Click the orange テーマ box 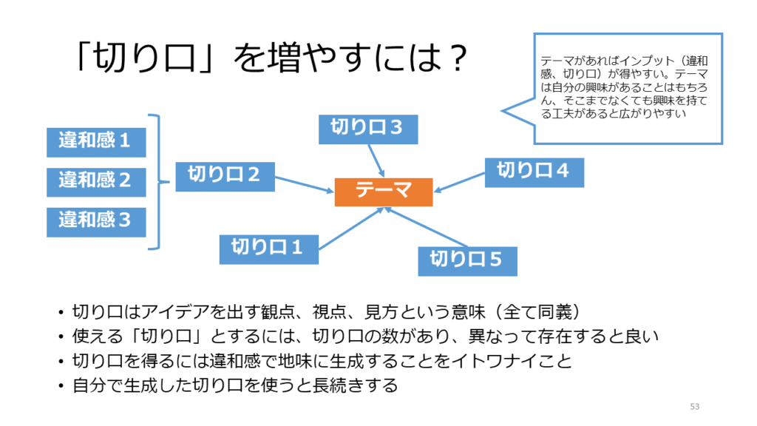click(383, 192)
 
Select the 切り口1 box click(268, 248)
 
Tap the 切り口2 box click(225, 177)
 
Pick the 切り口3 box click(367, 129)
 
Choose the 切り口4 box click(534, 172)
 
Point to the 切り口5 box click(466, 260)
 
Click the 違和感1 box click(96, 141)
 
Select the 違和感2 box click(96, 181)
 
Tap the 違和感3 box click(96, 221)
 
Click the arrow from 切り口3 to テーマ click(375, 160)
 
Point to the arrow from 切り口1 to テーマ click(351, 226)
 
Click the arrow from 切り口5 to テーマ click(427, 227)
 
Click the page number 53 click(693, 406)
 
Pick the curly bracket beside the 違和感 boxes click(155, 182)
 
